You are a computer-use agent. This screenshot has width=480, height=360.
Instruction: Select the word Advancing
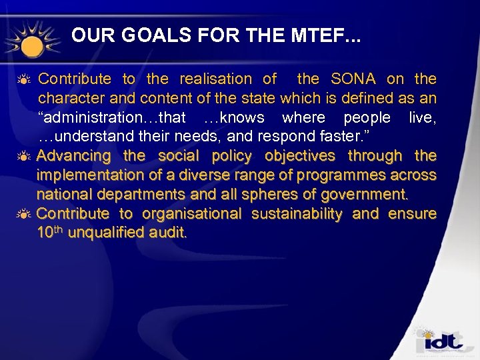74,157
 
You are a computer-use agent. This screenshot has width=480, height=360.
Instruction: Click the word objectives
300,157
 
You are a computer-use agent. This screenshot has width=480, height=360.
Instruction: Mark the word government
365,195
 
